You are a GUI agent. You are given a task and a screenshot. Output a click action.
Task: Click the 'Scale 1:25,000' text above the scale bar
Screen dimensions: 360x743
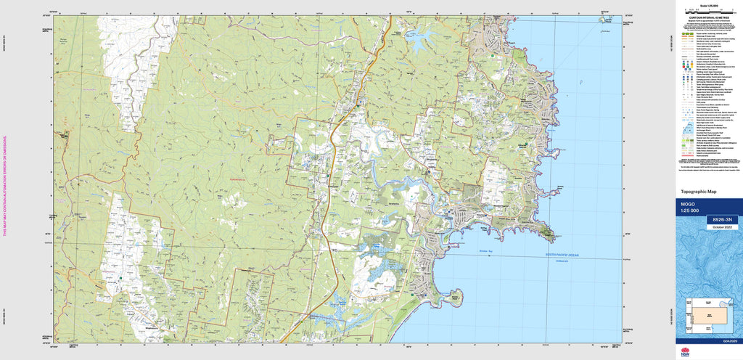point(707,5)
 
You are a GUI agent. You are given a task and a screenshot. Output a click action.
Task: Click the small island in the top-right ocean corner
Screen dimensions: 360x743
point(602,21)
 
